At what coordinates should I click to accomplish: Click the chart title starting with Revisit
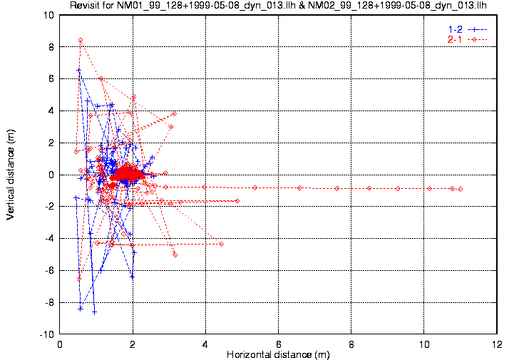[x=278, y=6]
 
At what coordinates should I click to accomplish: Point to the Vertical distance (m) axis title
[x=11, y=174]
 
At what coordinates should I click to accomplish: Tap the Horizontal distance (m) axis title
[x=278, y=354]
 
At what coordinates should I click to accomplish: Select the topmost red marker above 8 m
[x=81, y=40]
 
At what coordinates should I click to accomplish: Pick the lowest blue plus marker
[x=94, y=312]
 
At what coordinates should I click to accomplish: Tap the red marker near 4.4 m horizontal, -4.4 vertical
[x=221, y=244]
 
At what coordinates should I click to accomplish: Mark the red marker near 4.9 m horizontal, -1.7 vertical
[x=237, y=201]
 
